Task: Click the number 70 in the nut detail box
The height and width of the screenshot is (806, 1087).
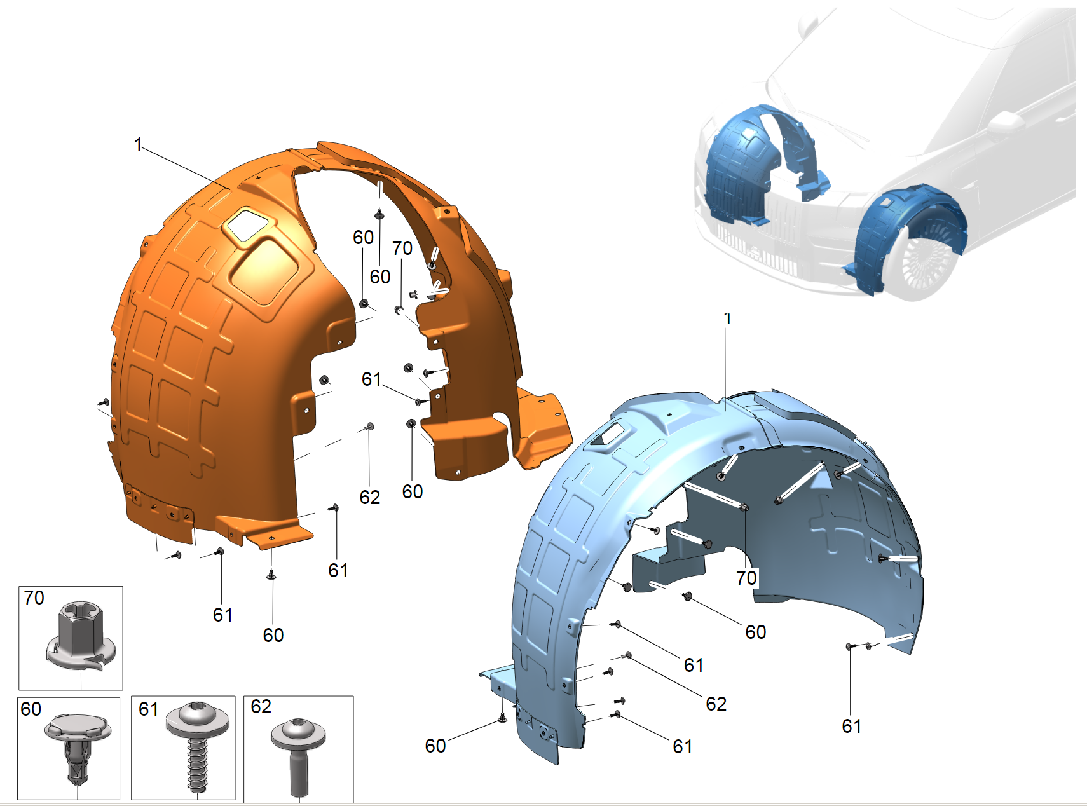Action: (34, 598)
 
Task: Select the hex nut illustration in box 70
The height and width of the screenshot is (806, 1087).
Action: (80, 636)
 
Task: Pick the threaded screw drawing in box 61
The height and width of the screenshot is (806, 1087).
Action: (198, 746)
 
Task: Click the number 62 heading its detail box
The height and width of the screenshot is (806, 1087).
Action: (261, 707)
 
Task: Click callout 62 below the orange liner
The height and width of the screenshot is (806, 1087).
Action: (370, 497)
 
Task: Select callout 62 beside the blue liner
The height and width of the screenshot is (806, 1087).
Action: (716, 704)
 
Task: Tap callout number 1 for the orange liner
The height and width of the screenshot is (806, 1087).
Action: (138, 145)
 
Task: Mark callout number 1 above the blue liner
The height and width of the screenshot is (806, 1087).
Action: (727, 318)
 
